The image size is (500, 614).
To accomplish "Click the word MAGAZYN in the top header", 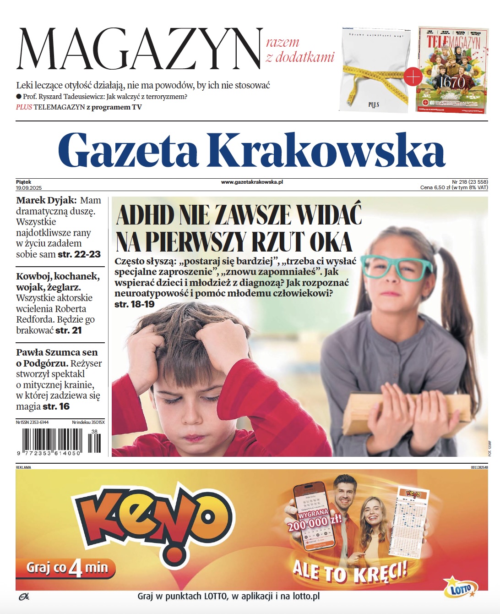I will (140, 49).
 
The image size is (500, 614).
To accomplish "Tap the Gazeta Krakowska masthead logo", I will (251, 150).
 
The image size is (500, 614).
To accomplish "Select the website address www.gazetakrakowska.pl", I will (252, 182).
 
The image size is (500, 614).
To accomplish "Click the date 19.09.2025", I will (29, 188).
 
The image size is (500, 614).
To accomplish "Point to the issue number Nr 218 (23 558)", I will (470, 182).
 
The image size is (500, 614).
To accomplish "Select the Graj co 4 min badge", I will (66, 568).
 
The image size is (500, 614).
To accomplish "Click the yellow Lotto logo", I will (461, 588).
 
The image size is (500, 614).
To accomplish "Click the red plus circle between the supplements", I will (413, 77).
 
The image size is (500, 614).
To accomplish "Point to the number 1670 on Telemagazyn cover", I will (452, 82).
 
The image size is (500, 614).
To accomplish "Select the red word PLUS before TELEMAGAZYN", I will (24, 107).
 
